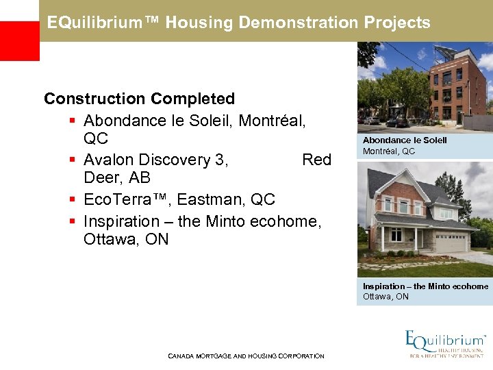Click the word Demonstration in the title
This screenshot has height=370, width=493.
tap(296, 23)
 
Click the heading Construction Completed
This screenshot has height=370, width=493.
tap(139, 99)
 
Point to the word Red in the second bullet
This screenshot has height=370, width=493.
tap(316, 160)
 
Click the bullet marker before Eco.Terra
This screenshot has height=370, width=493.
tap(72, 200)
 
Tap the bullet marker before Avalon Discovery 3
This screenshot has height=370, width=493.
tap(72, 160)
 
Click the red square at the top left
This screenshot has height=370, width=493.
tap(19, 40)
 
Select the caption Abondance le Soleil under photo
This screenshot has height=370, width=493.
tap(405, 140)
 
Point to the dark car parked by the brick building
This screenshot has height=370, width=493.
tap(399, 122)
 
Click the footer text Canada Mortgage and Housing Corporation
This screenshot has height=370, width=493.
tap(246, 356)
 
